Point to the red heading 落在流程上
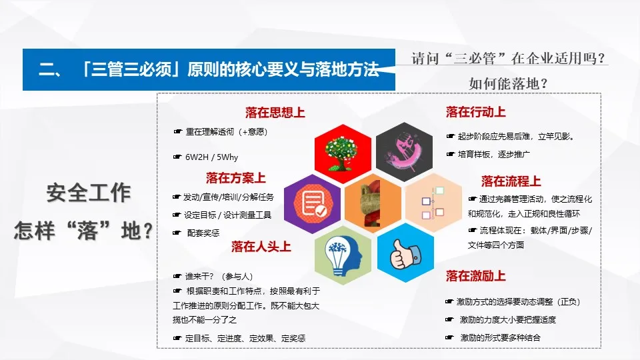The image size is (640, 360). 511,181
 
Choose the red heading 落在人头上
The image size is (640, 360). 261,247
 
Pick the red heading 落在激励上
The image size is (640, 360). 475,275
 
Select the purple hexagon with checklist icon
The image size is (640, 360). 313,203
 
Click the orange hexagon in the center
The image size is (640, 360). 373,203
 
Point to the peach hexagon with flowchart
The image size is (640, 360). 433,203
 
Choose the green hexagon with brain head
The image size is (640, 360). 343,254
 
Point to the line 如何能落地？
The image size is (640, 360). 508,84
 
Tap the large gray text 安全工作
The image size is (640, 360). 88,193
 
